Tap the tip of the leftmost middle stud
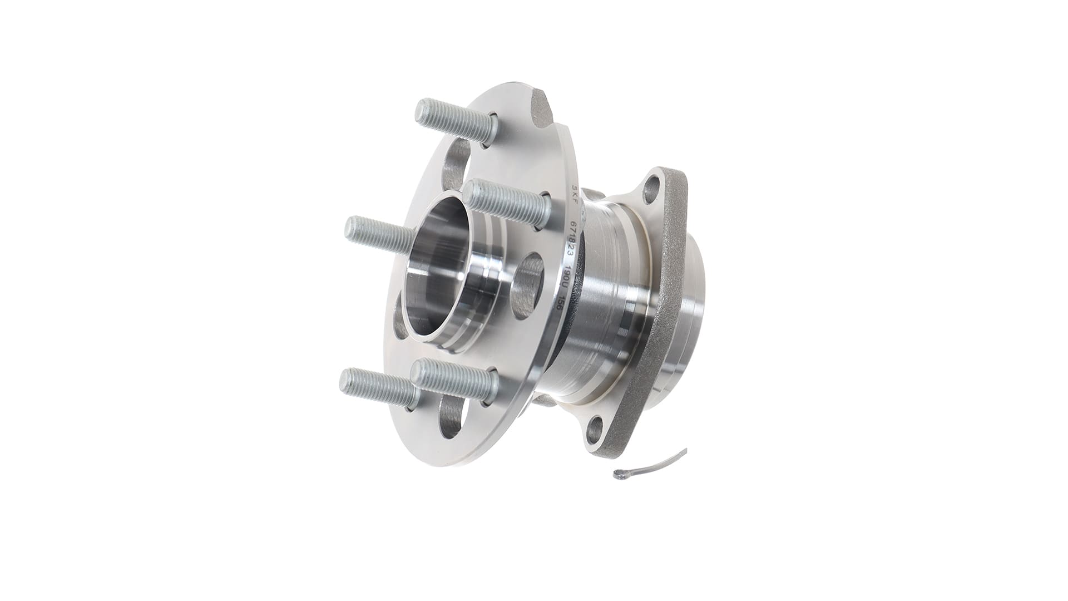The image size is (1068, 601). [350, 228]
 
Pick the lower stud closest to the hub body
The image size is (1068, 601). [453, 378]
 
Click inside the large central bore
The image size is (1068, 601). [439, 262]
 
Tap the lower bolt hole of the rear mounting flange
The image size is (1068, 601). [596, 429]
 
